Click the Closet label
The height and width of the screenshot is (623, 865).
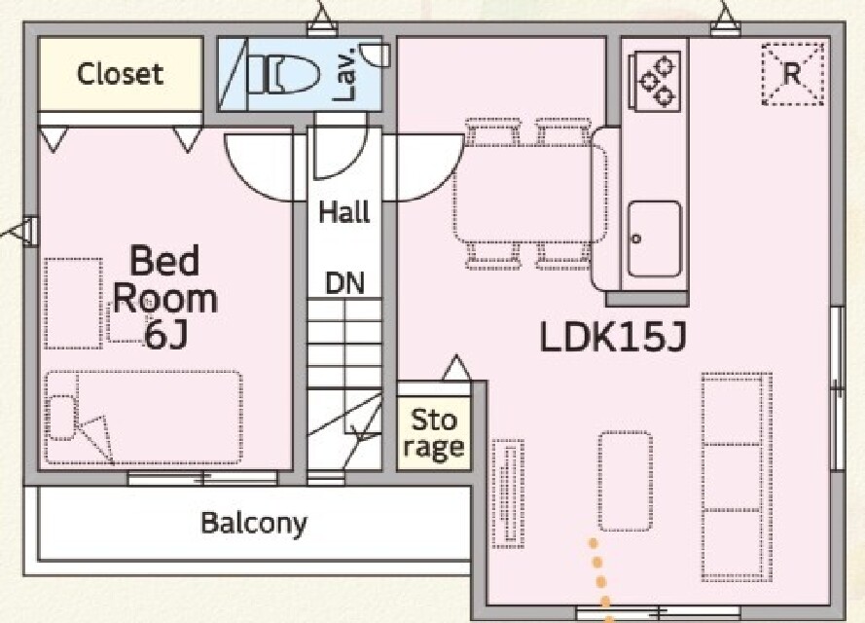coord(121,74)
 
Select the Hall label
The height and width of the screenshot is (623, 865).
coord(344,212)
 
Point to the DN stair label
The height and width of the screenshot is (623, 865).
coord(344,282)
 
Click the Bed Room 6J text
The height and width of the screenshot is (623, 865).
coord(165,297)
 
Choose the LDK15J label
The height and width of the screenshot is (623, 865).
coord(613,337)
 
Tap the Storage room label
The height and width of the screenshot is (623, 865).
coord(434,434)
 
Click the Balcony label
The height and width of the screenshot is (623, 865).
coord(254,523)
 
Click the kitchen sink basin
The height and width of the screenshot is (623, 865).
coord(654,238)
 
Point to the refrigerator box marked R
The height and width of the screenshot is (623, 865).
coord(792,73)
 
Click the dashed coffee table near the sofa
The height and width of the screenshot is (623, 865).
coord(625,482)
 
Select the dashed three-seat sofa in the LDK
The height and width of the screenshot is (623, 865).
coord(737,477)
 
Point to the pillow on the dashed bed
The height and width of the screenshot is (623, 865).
coord(61,418)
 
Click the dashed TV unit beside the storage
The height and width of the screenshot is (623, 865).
coord(508,494)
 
